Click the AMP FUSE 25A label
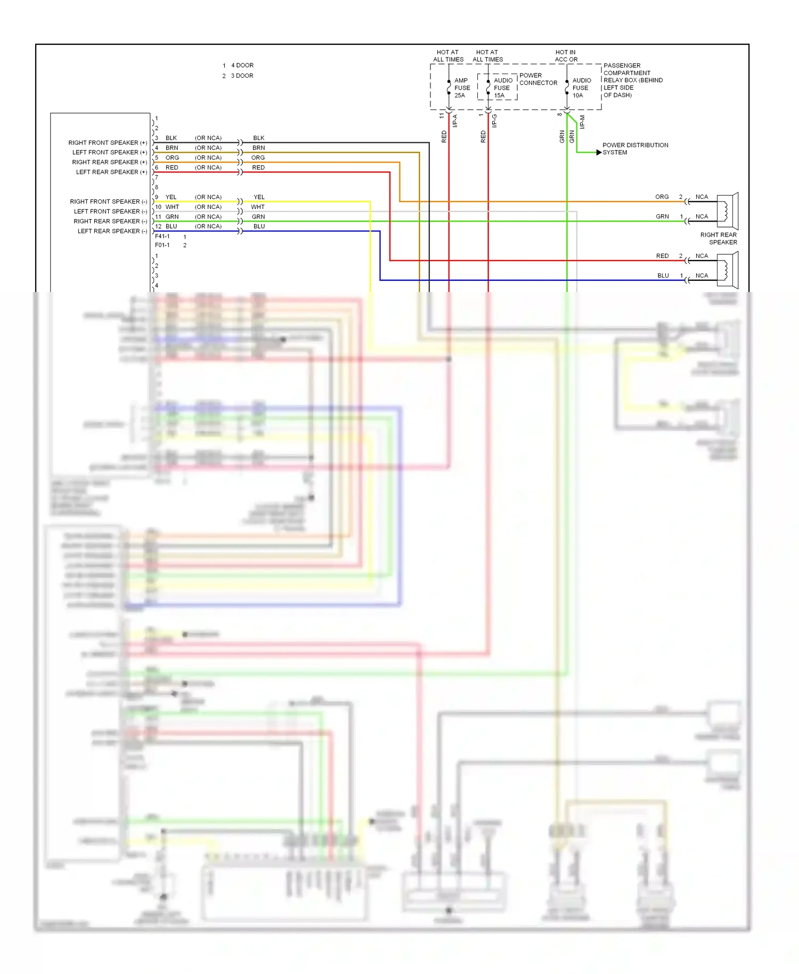[461, 88]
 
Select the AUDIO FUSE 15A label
[502, 88]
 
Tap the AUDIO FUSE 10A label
[581, 88]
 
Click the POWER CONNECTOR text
[538, 79]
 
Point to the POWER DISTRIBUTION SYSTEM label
[634, 149]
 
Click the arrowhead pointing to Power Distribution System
[599, 152]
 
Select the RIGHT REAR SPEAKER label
[719, 238]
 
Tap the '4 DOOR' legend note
[242, 66]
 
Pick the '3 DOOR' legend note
[242, 76]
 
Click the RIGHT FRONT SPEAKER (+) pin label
[108, 143]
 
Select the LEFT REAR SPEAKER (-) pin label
[112, 231]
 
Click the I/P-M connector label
[582, 122]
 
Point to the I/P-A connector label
[455, 121]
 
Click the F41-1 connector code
[162, 237]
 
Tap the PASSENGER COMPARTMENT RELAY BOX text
[632, 80]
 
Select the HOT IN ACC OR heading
[566, 56]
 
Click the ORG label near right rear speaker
[662, 197]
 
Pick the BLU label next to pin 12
[172, 226]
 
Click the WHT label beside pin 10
[172, 207]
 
